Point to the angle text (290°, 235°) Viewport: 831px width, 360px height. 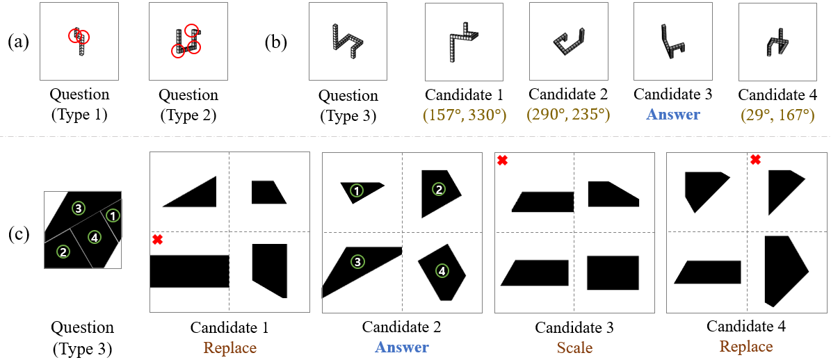pos(567,115)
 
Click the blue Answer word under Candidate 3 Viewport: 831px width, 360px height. pos(672,115)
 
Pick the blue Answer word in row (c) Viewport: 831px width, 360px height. pos(401,347)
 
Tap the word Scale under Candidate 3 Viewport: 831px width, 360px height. pos(574,347)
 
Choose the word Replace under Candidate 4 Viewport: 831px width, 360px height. pos(746,347)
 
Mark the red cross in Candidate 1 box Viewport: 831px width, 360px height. pos(157,240)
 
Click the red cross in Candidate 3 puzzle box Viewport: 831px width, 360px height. pos(502,160)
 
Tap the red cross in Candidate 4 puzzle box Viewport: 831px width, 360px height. pos(756,159)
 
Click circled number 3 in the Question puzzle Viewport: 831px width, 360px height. pos(79,208)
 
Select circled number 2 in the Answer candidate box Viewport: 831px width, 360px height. pos(438,189)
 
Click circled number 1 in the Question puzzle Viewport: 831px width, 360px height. pos(112,215)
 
